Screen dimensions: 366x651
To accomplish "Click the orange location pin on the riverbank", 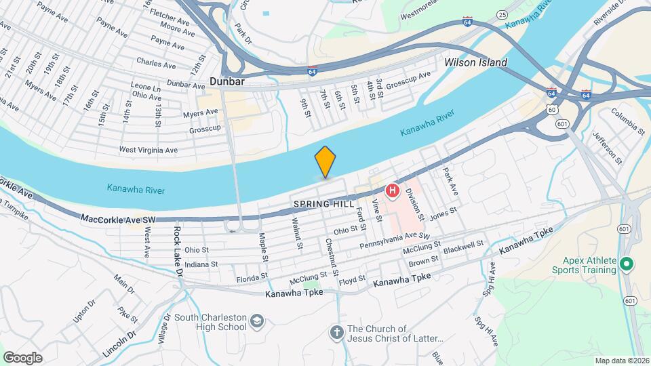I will [x=325, y=161].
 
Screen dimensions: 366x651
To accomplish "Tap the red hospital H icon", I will [x=392, y=192].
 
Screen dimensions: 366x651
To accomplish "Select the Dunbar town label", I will [x=226, y=81].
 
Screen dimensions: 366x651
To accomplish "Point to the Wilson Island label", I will [x=475, y=62].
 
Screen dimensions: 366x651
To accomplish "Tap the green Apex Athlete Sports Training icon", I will [x=627, y=264].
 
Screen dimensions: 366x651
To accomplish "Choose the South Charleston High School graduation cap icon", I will [x=256, y=321].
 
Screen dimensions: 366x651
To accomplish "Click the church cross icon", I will [x=336, y=332].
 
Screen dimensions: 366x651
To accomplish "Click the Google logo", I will [x=22, y=357].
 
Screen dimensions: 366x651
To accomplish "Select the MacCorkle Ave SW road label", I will [x=118, y=219].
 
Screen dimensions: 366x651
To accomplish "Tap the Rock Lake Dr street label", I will [x=178, y=251].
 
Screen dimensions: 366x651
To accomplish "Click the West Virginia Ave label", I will [x=148, y=150].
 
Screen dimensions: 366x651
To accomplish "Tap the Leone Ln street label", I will [x=146, y=88].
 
